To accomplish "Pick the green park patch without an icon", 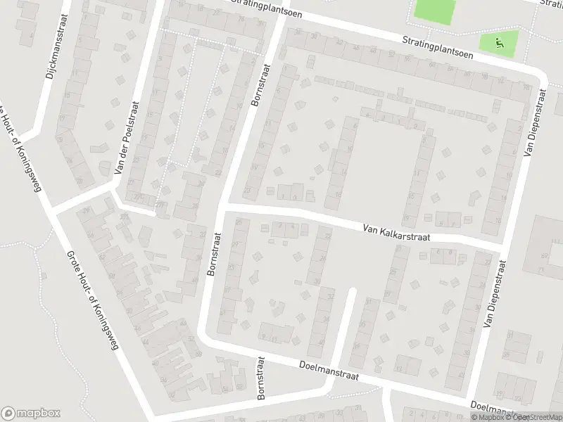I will [x=434, y=9].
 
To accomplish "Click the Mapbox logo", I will [x=30, y=413].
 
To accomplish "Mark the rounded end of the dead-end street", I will [x=353, y=291].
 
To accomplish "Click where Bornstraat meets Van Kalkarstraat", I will [x=221, y=207].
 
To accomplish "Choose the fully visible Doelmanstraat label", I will [x=329, y=371].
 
